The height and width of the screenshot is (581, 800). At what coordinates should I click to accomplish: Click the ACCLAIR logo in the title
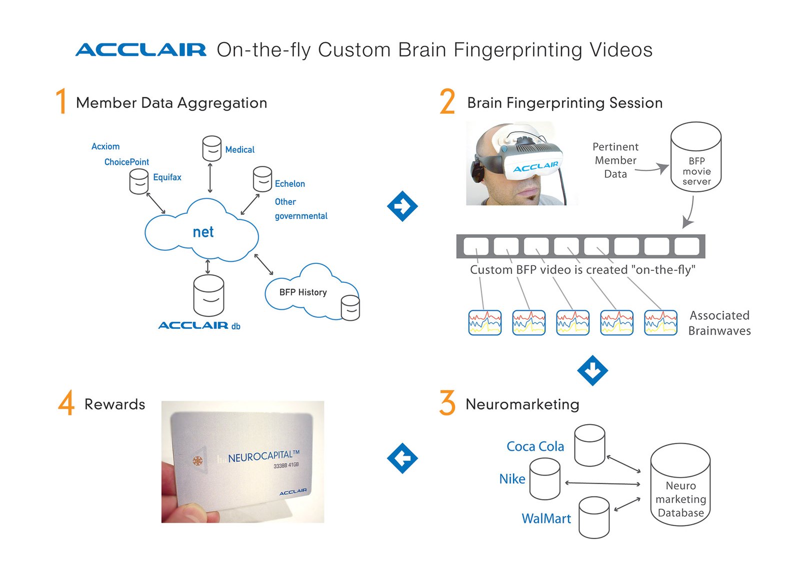140,49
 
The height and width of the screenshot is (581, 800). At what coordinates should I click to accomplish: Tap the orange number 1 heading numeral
61,101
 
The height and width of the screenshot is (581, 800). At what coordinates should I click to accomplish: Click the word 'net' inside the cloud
203,232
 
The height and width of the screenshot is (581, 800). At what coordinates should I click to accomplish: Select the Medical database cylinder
211,148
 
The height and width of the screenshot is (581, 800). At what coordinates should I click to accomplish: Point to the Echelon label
289,184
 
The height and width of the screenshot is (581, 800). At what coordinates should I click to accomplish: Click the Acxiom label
105,146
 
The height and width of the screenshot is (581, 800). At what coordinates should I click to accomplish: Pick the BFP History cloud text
303,292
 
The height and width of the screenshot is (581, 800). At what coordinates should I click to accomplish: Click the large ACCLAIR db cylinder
208,295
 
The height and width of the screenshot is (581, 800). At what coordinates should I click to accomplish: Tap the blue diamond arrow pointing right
402,206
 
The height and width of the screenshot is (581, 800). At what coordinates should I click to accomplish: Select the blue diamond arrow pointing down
592,370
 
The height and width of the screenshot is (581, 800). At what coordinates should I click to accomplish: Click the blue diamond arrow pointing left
402,458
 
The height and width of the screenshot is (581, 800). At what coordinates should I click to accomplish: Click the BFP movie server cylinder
695,157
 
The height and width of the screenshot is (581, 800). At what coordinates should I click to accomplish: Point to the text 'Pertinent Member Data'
615,160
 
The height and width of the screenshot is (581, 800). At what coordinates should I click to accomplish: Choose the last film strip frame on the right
686,246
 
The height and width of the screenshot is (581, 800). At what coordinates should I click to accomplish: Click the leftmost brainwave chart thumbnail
484,323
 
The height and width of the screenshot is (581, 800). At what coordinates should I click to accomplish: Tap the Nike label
512,479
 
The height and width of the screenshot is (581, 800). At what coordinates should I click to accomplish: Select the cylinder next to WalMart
594,517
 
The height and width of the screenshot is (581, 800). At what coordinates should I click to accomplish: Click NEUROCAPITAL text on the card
263,456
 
